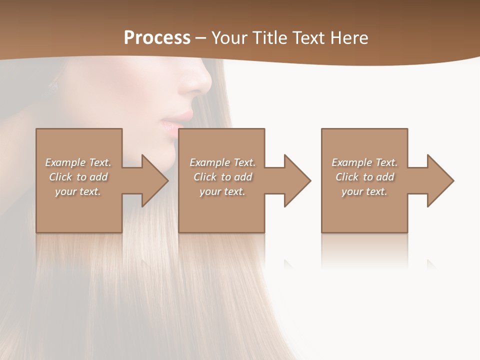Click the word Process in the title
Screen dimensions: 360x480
pyautogui.click(x=157, y=38)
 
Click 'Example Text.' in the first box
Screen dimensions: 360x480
pyautogui.click(x=78, y=162)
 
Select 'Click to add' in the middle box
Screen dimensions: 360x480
pyautogui.click(x=222, y=177)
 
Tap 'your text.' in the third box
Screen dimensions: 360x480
pyautogui.click(x=364, y=191)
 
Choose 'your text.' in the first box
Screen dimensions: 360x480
pyautogui.click(x=78, y=191)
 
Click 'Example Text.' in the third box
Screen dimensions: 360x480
pyautogui.click(x=364, y=162)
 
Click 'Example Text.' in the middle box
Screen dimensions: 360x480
pyautogui.click(x=222, y=162)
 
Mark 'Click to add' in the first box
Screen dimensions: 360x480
pyautogui.click(x=78, y=177)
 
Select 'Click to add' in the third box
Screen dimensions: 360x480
pyautogui.click(x=364, y=177)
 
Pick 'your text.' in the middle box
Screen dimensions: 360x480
pyautogui.click(x=222, y=191)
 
